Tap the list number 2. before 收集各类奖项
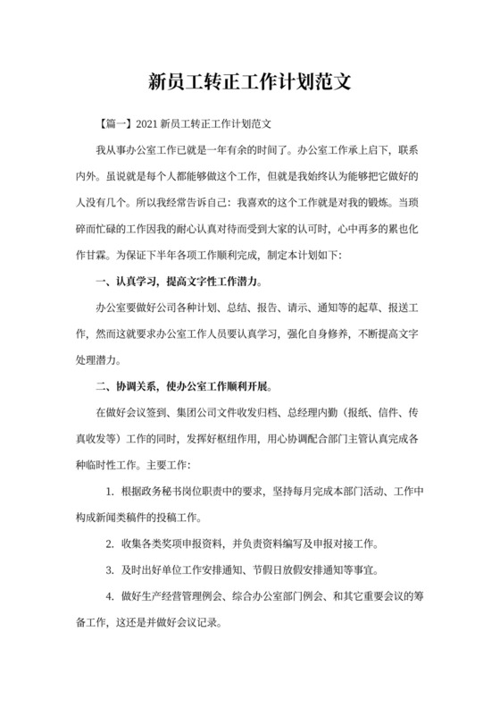coord(108,544)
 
